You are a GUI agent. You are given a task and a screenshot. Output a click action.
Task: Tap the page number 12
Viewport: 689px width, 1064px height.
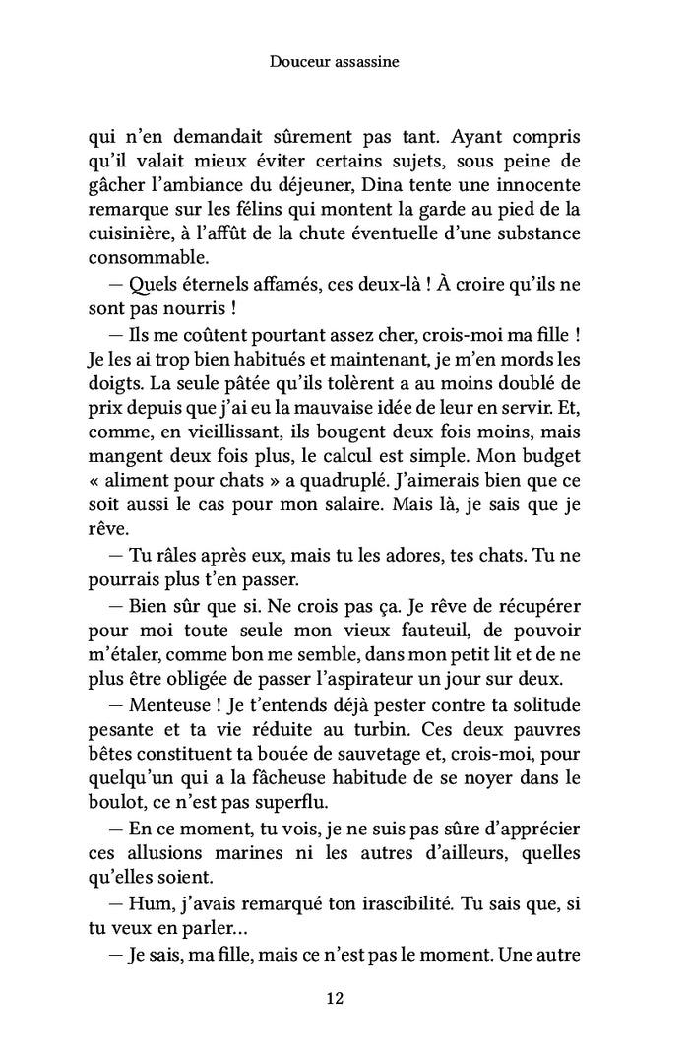tap(334, 998)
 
